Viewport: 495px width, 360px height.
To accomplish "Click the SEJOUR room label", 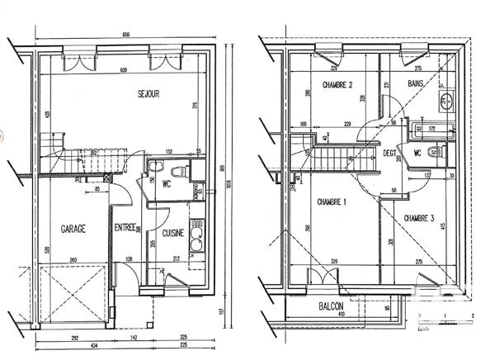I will pyautogui.click(x=148, y=94).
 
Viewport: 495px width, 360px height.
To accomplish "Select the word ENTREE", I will pyautogui.click(x=125, y=228).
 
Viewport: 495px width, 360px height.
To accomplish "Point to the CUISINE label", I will pyautogui.click(x=172, y=234).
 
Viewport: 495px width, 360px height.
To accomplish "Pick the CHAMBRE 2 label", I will pyautogui.click(x=333, y=85).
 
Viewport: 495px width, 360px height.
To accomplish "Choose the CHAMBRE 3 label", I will pyautogui.click(x=420, y=217).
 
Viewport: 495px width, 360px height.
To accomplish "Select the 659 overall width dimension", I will pyautogui.click(x=125, y=35).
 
